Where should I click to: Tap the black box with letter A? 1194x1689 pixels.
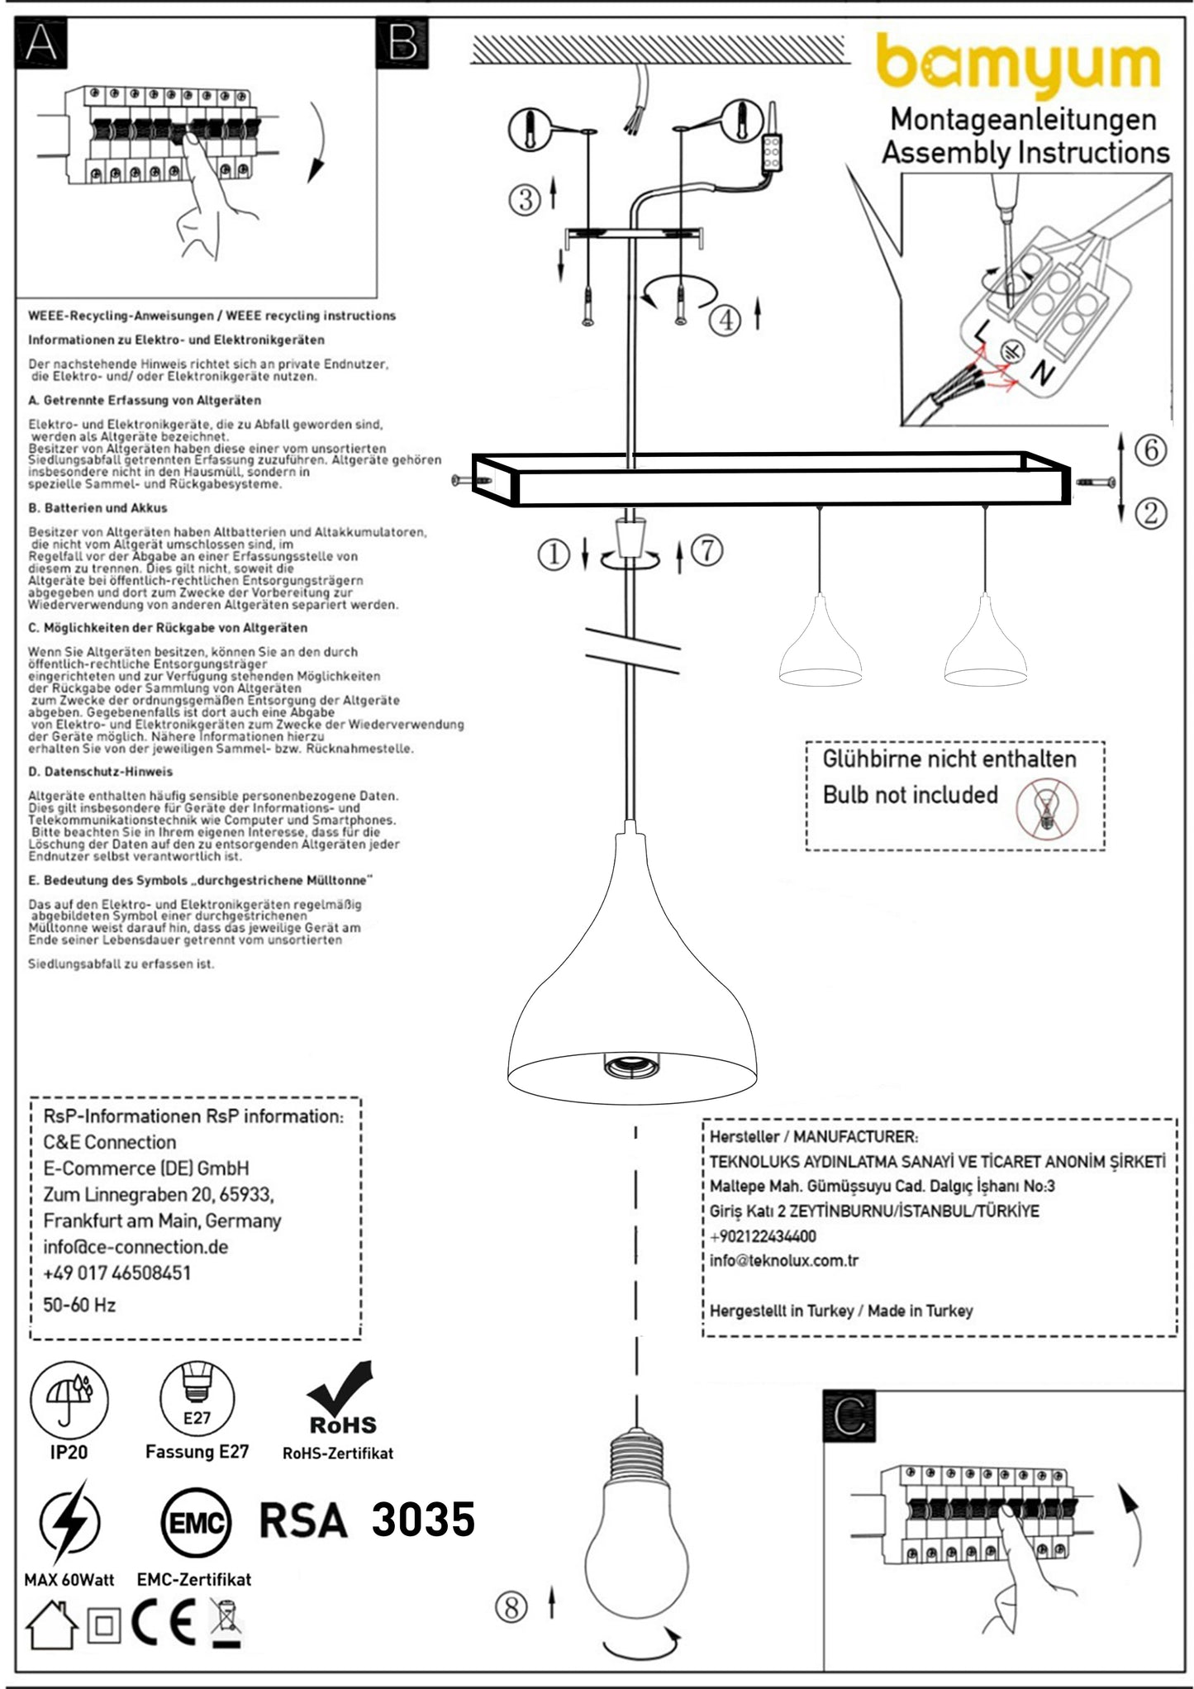41,43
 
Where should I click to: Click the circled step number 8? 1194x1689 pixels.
511,1607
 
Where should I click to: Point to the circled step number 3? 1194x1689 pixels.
525,199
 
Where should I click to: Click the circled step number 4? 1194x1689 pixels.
725,320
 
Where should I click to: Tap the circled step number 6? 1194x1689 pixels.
1150,450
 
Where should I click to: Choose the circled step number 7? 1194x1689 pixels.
707,550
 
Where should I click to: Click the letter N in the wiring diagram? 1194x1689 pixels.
1043,374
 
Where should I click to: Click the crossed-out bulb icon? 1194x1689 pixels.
1046,807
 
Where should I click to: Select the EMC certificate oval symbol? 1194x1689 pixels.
196,1524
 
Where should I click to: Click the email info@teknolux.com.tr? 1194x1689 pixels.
783,1261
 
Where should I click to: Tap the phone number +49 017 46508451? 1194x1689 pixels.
117,1273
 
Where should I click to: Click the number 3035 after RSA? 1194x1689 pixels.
423,1520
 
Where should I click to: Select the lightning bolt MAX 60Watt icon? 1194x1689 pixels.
69,1522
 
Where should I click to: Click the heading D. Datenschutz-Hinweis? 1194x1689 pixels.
100,772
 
